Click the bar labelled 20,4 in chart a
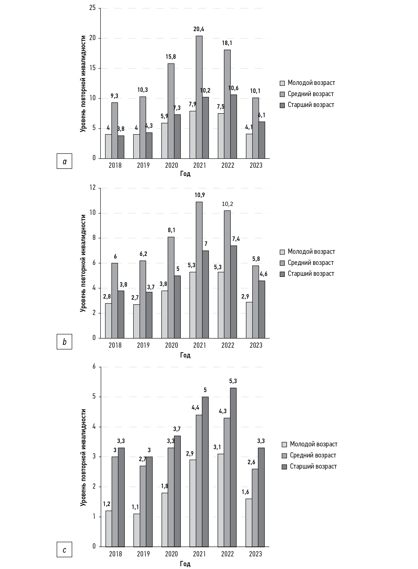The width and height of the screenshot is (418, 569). (199, 97)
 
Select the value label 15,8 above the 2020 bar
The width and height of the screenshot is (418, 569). (171, 57)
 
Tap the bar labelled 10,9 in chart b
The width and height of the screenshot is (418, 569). (199, 270)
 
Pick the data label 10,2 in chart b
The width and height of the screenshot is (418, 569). (227, 204)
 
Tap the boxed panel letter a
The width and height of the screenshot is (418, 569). (64, 161)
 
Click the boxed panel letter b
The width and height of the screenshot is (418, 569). (64, 342)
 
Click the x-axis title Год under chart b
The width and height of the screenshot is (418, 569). (185, 355)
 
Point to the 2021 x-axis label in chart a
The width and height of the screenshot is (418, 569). (199, 165)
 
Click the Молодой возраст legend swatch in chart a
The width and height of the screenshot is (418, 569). (282, 83)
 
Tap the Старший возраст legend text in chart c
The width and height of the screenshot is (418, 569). (313, 466)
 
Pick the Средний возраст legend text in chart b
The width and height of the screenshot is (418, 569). (311, 263)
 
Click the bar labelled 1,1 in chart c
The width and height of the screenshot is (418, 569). (137, 530)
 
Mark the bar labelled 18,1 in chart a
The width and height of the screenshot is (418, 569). (227, 104)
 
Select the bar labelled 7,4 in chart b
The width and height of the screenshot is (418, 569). (234, 292)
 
